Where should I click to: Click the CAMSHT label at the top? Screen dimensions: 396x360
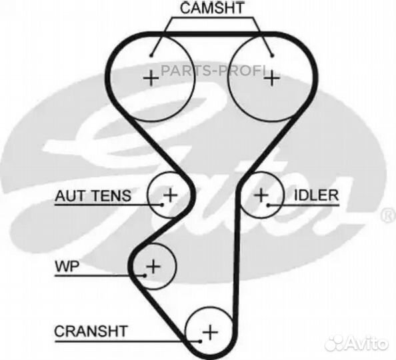point(212,8)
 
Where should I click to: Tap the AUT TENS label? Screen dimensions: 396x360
point(93,196)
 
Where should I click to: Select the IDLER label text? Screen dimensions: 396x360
point(316,195)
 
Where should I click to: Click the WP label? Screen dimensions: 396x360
point(67,266)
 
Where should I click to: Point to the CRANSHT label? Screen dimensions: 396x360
point(91,331)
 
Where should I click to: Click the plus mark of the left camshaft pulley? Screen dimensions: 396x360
point(151,78)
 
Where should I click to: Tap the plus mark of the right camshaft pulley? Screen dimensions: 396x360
point(272,78)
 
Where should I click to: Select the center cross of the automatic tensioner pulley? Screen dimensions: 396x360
point(170,195)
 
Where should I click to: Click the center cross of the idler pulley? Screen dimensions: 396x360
point(261,195)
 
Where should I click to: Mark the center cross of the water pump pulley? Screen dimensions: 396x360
point(153,266)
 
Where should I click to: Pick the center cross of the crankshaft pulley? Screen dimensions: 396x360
point(210,332)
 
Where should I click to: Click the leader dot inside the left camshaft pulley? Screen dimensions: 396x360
point(151,55)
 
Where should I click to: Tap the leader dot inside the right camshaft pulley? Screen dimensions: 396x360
point(272,55)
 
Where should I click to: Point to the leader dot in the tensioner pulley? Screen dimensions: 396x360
point(162,205)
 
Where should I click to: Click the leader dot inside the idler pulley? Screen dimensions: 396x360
point(269,205)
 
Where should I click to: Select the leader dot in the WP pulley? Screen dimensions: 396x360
point(145,275)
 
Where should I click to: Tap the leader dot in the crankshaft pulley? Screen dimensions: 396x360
point(200,341)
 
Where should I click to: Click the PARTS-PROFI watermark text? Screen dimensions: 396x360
point(213,71)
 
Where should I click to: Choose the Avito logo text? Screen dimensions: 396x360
point(357,343)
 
